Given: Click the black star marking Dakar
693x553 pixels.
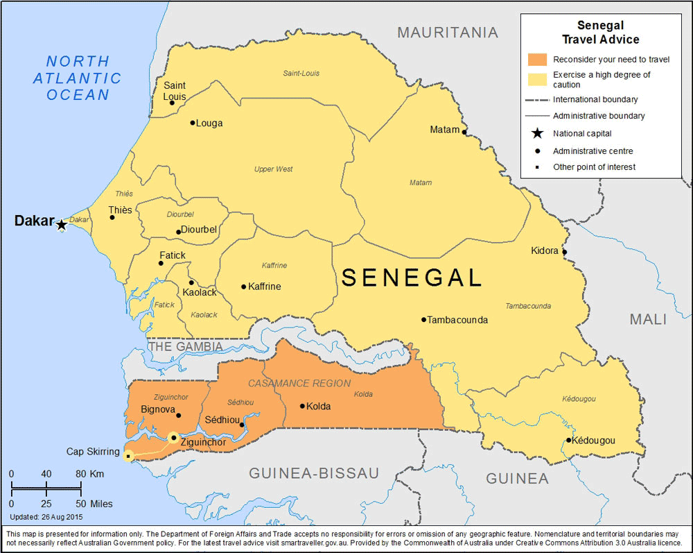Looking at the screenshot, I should (x=62, y=224).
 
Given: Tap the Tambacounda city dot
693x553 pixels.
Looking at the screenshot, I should (x=423, y=320).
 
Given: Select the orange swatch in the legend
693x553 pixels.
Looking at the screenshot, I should (x=537, y=59).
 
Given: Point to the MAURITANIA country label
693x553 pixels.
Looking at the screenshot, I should (x=448, y=33).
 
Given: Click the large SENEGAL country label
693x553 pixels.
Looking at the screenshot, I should (x=412, y=278).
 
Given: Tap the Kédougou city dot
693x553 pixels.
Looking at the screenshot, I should (x=568, y=440).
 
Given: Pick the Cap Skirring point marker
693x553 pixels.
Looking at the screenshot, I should (x=128, y=455).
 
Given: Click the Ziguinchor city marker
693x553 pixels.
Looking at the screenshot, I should (x=173, y=437).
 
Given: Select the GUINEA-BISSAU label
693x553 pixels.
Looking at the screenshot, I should (x=314, y=473).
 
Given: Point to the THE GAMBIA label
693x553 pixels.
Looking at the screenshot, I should (x=186, y=346).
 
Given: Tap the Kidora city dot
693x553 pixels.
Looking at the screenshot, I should (x=564, y=252).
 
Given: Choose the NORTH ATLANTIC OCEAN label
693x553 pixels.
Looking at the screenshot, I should (x=78, y=78).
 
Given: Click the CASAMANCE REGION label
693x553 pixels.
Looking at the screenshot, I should (x=299, y=383).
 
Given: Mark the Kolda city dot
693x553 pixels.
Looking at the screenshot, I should (x=302, y=406).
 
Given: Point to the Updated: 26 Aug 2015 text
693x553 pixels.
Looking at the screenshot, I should (x=46, y=517).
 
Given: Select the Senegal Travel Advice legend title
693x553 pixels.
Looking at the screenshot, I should (x=600, y=33).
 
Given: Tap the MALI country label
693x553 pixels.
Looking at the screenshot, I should (x=647, y=319).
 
